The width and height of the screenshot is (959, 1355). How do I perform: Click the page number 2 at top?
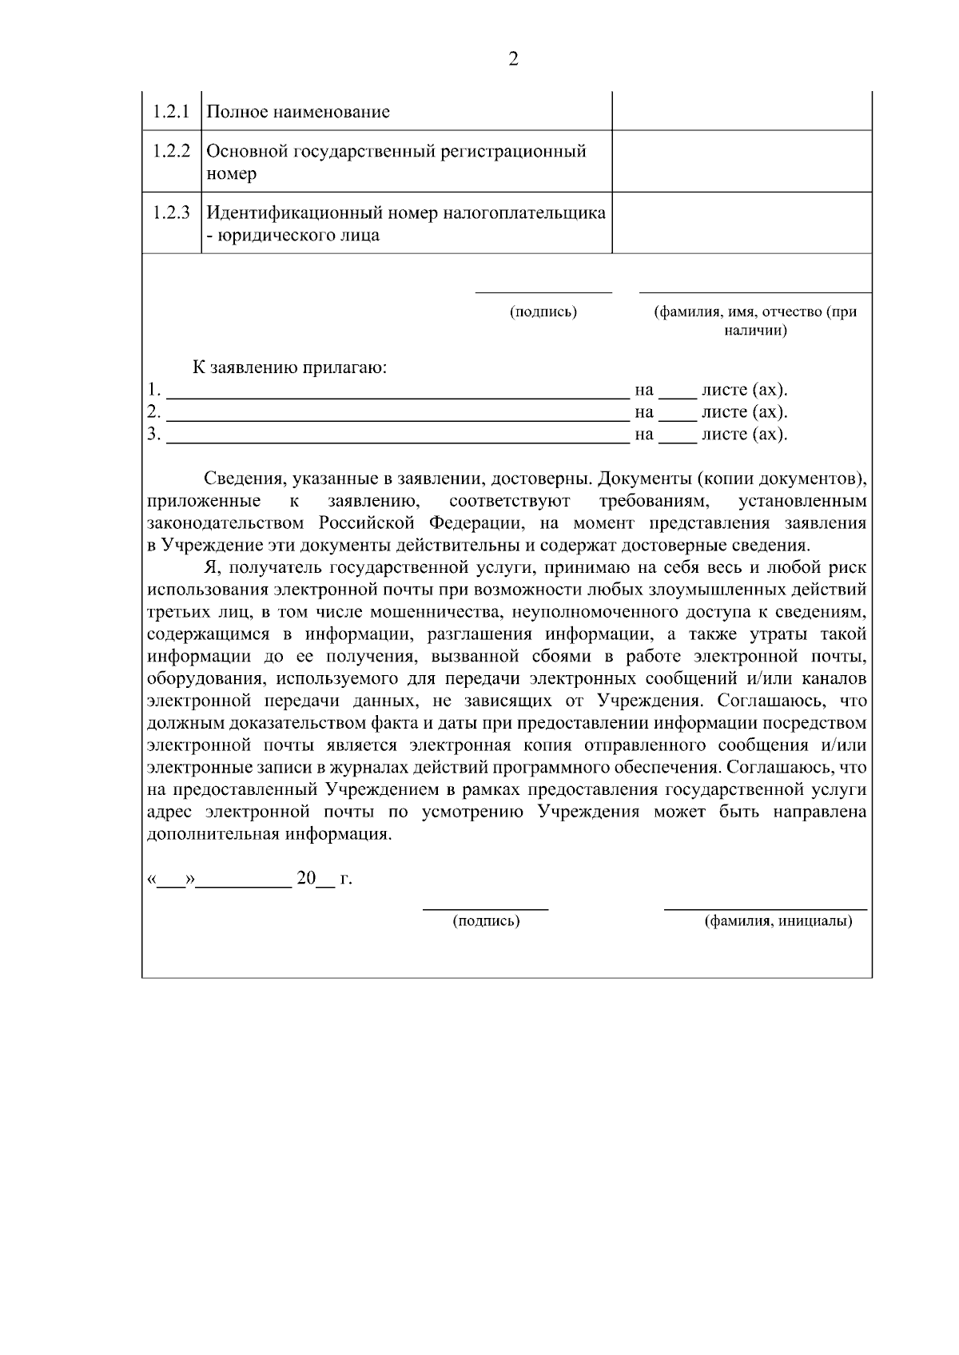[513, 58]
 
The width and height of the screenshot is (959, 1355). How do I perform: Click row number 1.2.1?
[171, 111]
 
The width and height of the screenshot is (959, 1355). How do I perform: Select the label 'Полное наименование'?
[298, 112]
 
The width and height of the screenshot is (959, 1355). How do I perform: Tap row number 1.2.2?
[171, 152]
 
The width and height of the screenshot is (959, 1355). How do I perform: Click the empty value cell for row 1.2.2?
[741, 161]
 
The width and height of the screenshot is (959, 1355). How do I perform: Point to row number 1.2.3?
[171, 213]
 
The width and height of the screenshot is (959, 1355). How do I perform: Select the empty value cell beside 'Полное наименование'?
[741, 111]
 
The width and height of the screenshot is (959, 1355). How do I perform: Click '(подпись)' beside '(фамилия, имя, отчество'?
[543, 312]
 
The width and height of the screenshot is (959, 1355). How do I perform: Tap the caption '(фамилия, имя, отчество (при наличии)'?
[755, 320]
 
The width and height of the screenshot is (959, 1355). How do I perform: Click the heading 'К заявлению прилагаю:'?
[289, 368]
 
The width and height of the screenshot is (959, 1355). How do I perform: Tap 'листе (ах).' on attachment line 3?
[744, 435]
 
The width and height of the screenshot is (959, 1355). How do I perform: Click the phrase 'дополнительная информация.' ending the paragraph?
[270, 835]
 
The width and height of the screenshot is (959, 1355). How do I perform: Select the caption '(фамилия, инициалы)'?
[778, 921]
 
